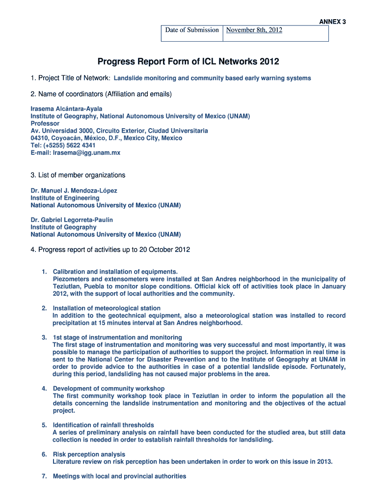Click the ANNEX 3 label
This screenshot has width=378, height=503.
pyautogui.click(x=333, y=22)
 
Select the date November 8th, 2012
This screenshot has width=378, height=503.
pyautogui.click(x=254, y=30)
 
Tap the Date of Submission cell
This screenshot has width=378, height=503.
pyautogui.click(x=192, y=30)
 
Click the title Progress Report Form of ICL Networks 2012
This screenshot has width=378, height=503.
pyautogui.click(x=188, y=62)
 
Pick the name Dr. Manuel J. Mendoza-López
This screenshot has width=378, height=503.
pyautogui.click(x=74, y=190)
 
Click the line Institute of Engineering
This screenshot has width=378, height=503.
pyautogui.click(x=65, y=197)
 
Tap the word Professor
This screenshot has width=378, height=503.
pyautogui.click(x=45, y=123)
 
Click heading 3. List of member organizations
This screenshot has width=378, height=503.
pyautogui.click(x=78, y=175)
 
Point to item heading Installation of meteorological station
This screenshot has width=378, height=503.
pyautogui.click(x=107, y=308)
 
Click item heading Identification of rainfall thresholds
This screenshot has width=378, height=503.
pyautogui.click(x=103, y=425)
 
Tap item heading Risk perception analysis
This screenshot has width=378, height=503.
pyautogui.click(x=89, y=454)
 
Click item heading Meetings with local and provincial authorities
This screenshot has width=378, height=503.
pyautogui.click(x=119, y=476)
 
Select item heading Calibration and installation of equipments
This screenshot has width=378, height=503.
pyautogui.click(x=115, y=272)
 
